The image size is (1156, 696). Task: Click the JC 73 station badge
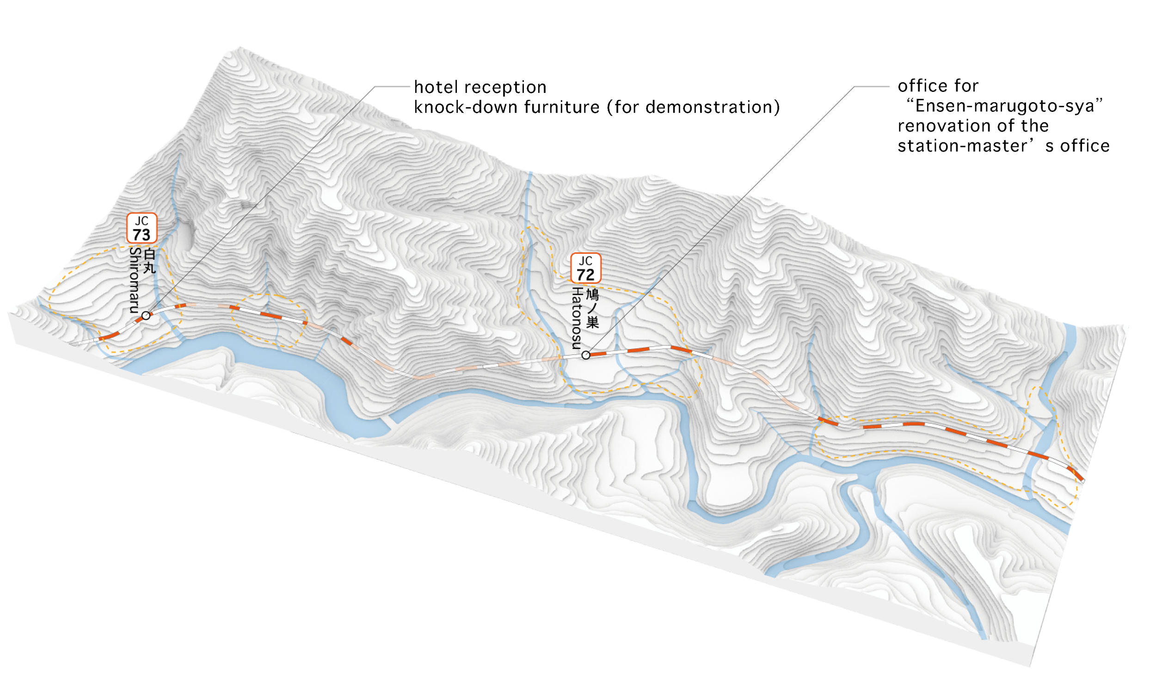[141, 228]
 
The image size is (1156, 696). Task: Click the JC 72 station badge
[585, 268]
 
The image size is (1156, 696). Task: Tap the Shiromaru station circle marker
[147, 316]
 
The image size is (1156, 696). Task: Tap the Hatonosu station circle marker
[585, 355]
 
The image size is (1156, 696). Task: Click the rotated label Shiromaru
[135, 281]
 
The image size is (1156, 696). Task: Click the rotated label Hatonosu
[577, 318]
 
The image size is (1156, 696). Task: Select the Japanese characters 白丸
[149, 262]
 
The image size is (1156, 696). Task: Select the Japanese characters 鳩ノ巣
[592, 308]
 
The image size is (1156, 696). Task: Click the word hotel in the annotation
[430, 87]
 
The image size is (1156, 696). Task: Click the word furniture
[561, 107]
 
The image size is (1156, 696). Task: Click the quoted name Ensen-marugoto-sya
[1003, 106]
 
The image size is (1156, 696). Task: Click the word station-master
[955, 146]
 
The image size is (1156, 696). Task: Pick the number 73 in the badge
[141, 235]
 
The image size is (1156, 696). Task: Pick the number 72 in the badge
[585, 275]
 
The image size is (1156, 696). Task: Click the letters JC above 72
[585, 261]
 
